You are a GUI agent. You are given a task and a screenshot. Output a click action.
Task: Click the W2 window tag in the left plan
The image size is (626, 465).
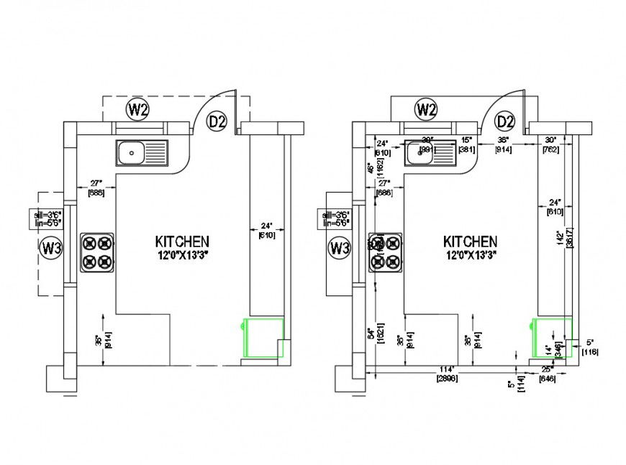137,110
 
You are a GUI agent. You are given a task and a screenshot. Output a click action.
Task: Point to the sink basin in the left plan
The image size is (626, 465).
132,152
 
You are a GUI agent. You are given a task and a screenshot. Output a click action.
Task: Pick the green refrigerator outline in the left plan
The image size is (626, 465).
263,338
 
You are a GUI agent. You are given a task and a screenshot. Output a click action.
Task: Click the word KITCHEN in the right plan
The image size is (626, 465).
469,241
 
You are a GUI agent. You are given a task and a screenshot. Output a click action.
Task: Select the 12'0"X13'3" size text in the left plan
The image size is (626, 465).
182,254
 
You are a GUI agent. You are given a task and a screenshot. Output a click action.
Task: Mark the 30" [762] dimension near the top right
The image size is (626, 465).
551,144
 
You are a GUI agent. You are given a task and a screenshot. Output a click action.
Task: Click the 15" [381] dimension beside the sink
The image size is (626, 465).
466,144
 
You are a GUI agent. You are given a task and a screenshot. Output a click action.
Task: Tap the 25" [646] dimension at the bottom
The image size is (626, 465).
548,373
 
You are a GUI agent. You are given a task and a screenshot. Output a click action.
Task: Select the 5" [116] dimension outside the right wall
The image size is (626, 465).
590,346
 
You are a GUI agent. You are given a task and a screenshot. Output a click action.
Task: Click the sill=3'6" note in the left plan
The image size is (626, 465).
48,213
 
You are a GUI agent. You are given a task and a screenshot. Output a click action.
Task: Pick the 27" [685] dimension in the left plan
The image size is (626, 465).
96,188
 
